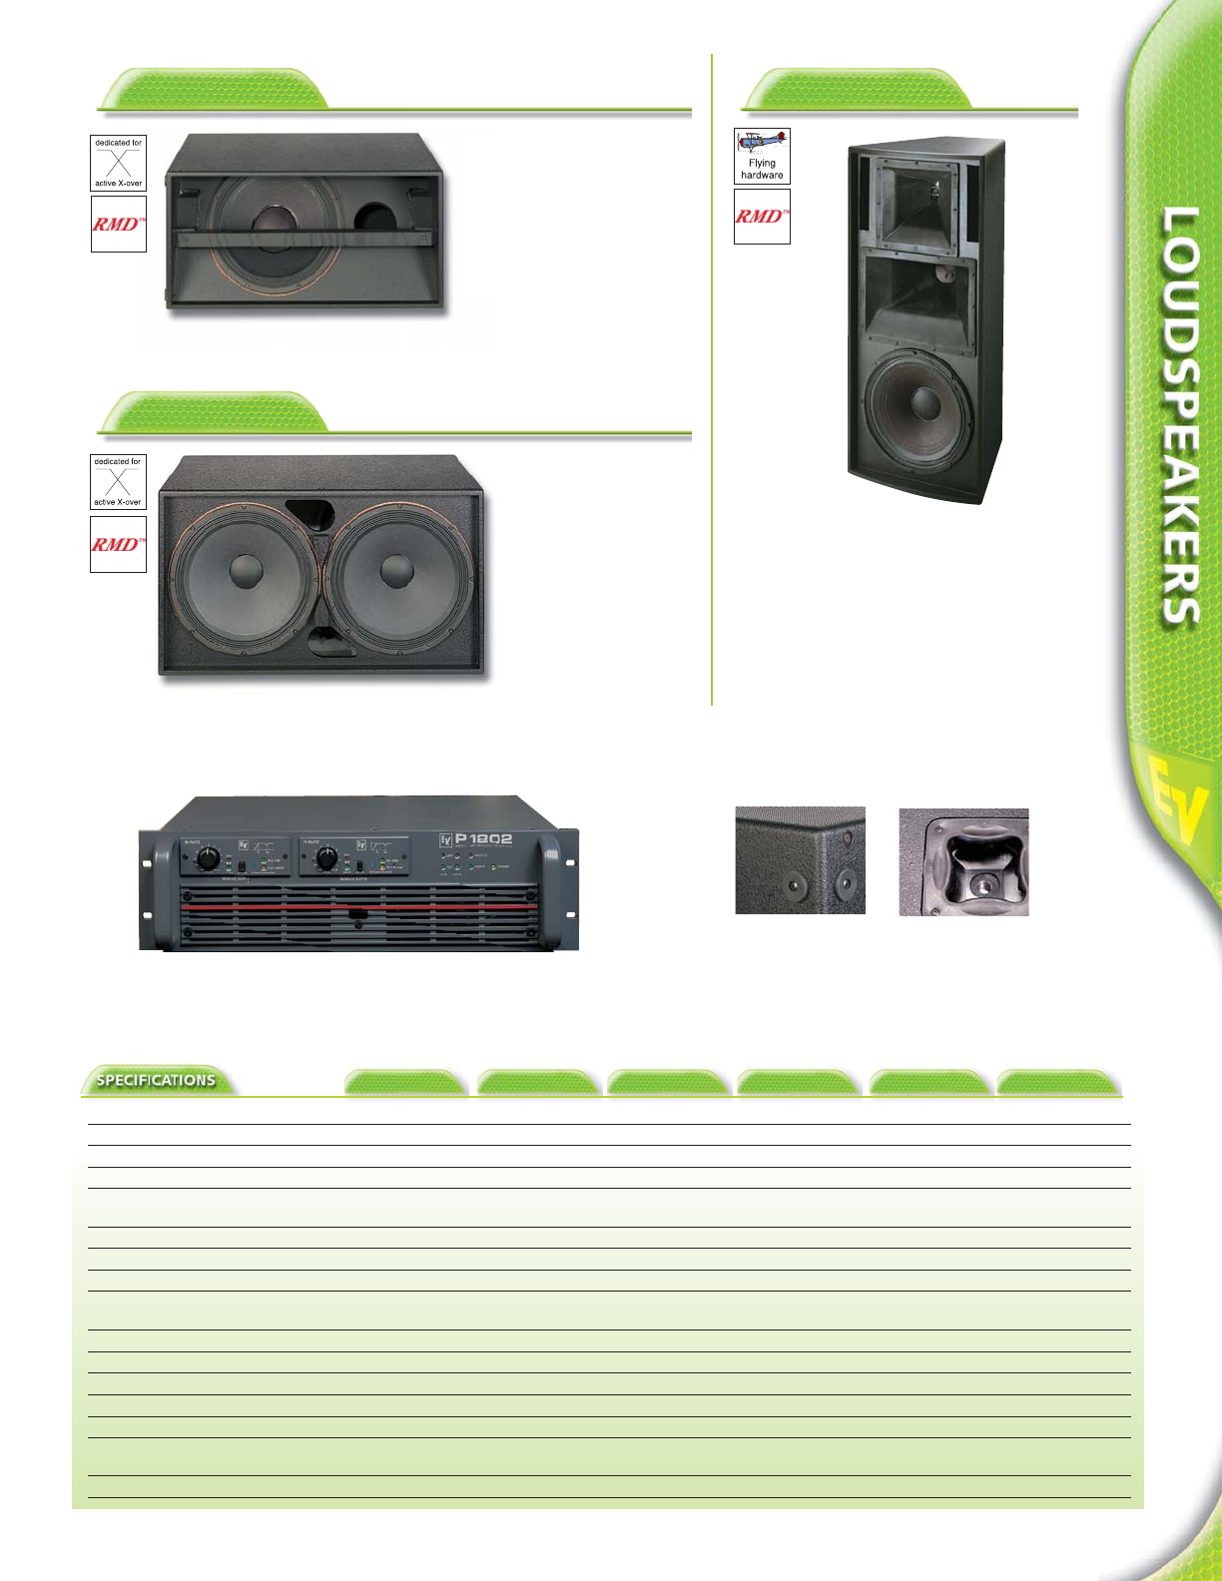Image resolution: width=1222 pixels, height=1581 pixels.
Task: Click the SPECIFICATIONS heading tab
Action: (x=156, y=1080)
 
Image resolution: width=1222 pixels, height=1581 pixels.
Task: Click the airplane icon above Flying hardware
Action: (x=762, y=142)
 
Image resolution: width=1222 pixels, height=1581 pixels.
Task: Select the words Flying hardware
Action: (x=762, y=169)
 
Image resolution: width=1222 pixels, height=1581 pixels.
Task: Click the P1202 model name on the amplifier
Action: (x=483, y=839)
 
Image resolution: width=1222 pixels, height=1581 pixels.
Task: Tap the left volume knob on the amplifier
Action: (x=208, y=858)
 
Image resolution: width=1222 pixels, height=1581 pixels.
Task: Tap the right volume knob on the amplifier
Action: (x=326, y=858)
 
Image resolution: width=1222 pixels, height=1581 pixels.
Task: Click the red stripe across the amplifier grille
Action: (x=359, y=908)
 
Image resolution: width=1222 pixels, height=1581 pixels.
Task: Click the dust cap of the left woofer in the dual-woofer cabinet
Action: (x=246, y=572)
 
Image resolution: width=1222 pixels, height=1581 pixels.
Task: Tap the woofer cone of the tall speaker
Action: (x=918, y=404)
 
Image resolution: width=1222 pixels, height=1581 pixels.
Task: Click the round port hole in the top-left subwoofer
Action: (x=375, y=221)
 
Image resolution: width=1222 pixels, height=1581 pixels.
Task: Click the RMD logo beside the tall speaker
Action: (x=762, y=217)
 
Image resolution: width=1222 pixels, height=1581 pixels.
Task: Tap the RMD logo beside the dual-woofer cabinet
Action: (x=118, y=544)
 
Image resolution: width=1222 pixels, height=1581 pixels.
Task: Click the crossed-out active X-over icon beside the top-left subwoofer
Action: (x=118, y=163)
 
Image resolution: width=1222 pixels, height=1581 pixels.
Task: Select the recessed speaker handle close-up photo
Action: (x=963, y=862)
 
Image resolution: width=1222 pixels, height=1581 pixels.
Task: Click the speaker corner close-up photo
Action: (x=800, y=860)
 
